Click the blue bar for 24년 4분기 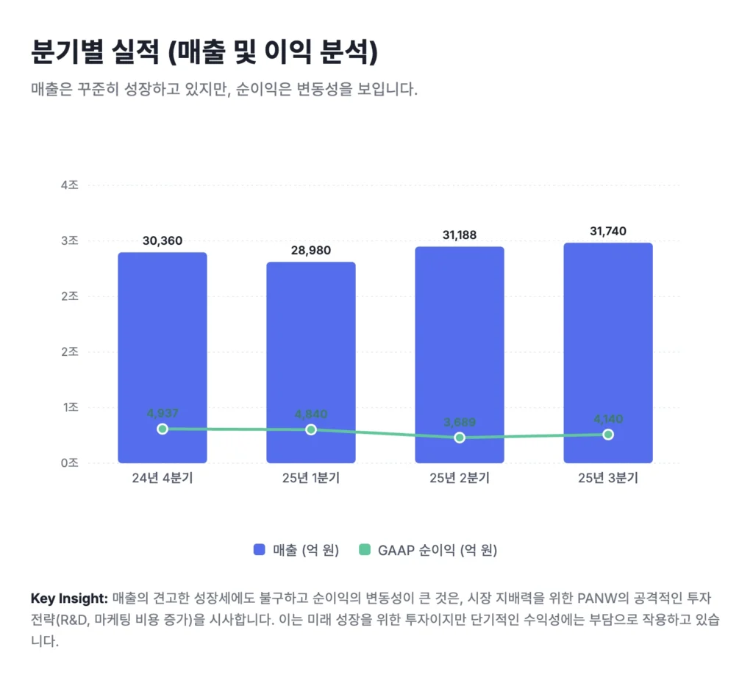(163, 346)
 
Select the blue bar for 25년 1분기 (311, 353)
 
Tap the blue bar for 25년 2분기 (460, 346)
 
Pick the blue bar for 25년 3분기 (608, 342)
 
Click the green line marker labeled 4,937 (163, 429)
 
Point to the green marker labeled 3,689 (460, 437)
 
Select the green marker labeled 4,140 (608, 435)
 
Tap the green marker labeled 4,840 (311, 429)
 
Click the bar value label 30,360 (163, 240)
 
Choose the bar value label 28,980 (311, 250)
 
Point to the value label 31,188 (460, 235)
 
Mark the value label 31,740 (608, 231)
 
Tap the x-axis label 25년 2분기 (460, 479)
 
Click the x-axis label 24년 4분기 (163, 479)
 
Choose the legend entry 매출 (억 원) (296, 550)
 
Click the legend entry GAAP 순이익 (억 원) (427, 550)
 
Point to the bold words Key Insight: (69, 598)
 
